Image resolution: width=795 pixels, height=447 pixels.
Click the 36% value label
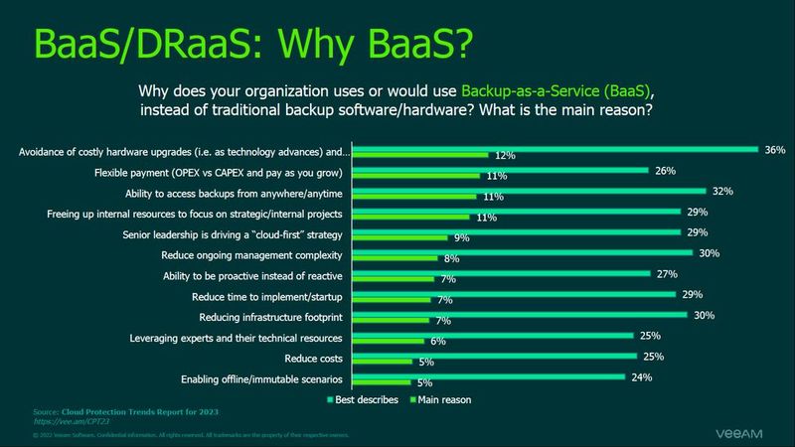(775, 150)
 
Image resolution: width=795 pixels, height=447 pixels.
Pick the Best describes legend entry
(363, 399)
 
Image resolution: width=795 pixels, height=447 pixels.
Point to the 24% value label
(641, 376)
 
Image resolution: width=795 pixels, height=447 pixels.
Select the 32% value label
(720, 192)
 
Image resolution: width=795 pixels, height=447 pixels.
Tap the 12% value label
(504, 155)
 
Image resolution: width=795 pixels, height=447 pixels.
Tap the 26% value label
(665, 171)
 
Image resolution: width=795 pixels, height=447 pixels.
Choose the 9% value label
(462, 238)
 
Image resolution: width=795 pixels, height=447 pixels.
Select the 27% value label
(667, 274)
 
